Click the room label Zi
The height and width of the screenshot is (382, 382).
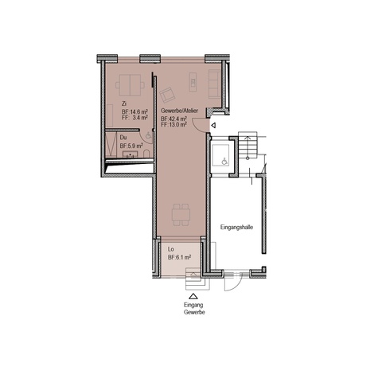tap(124, 103)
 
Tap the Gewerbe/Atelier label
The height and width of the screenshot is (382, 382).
tap(179, 111)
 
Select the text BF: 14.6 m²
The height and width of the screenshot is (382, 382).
tap(134, 111)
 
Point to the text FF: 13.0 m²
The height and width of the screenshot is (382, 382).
tap(173, 124)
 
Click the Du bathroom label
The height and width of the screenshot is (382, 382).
tap(123, 138)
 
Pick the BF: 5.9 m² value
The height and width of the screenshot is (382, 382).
tap(131, 146)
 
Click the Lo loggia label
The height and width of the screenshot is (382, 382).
tap(171, 249)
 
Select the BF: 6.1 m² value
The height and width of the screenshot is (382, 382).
tap(180, 257)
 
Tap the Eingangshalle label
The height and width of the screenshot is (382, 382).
tap(236, 228)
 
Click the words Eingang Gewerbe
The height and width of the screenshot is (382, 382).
tap(194, 309)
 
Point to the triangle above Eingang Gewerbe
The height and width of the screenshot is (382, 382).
tap(193, 296)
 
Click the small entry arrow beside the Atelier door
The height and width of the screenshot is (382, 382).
tap(213, 125)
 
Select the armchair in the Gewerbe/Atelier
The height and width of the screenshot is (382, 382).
tap(167, 95)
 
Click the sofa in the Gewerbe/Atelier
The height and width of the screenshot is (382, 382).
tap(214, 84)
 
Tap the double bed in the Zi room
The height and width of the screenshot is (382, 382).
tap(130, 85)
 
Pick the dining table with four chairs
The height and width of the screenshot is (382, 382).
tap(181, 215)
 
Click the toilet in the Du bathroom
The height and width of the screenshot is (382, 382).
tap(146, 154)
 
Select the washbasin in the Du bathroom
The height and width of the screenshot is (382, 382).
tap(130, 154)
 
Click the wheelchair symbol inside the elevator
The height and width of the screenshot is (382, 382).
tap(224, 161)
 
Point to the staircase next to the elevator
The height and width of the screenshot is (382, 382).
tap(248, 145)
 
